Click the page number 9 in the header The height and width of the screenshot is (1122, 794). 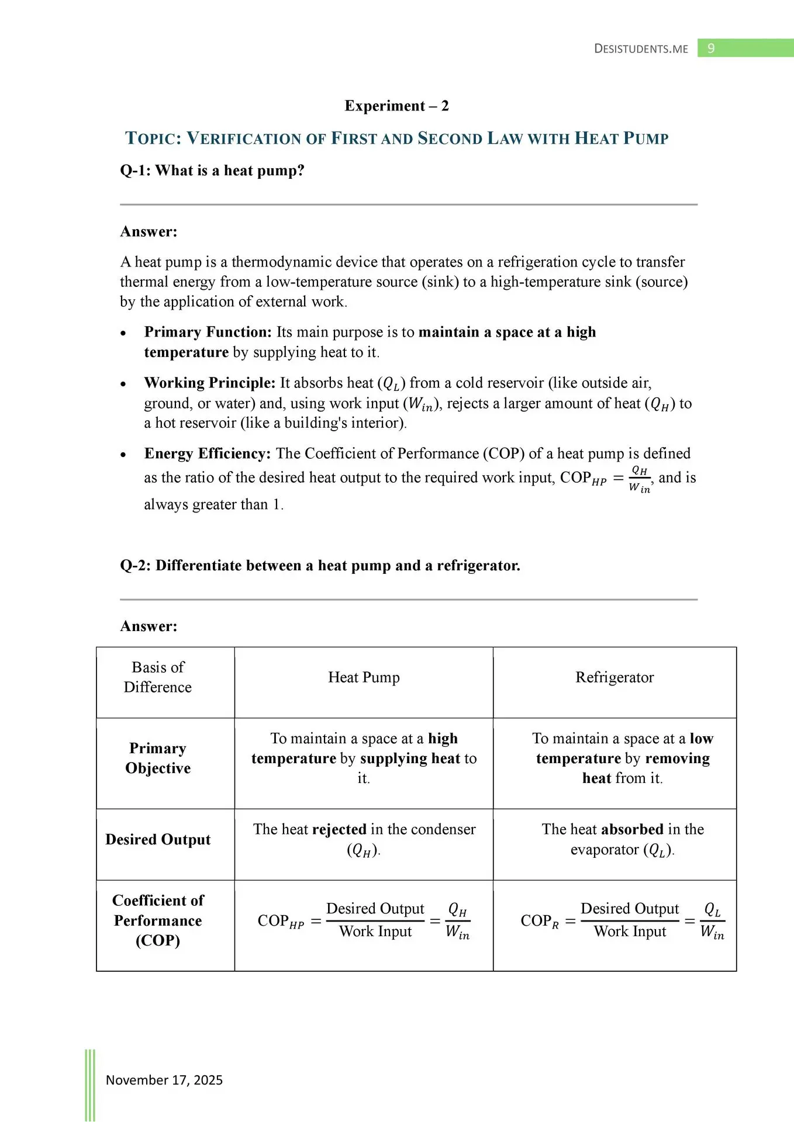tap(711, 48)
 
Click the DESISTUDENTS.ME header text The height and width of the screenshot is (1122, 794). tap(641, 49)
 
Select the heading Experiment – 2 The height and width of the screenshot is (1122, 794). tap(396, 106)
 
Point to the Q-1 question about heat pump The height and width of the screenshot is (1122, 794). tap(212, 171)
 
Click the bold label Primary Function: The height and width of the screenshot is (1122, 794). tap(208, 332)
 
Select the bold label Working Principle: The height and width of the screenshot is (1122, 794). tap(209, 383)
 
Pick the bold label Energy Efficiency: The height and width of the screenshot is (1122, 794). tap(207, 453)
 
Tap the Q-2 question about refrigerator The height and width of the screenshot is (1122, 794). tap(320, 566)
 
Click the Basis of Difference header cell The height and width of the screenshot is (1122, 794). tap(158, 677)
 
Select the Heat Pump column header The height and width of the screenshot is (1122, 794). tap(364, 677)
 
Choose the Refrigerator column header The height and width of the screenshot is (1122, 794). tap(615, 677)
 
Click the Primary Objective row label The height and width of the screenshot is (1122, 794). tap(158, 758)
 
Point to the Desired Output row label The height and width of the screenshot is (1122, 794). tap(158, 839)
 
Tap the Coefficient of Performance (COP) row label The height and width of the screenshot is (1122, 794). tap(158, 920)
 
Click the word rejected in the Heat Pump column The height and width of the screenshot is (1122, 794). tap(339, 829)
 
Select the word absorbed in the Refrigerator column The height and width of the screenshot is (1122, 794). tap(632, 829)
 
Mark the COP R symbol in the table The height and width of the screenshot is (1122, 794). tap(539, 921)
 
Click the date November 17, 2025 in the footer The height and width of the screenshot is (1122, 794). tap(164, 1080)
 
